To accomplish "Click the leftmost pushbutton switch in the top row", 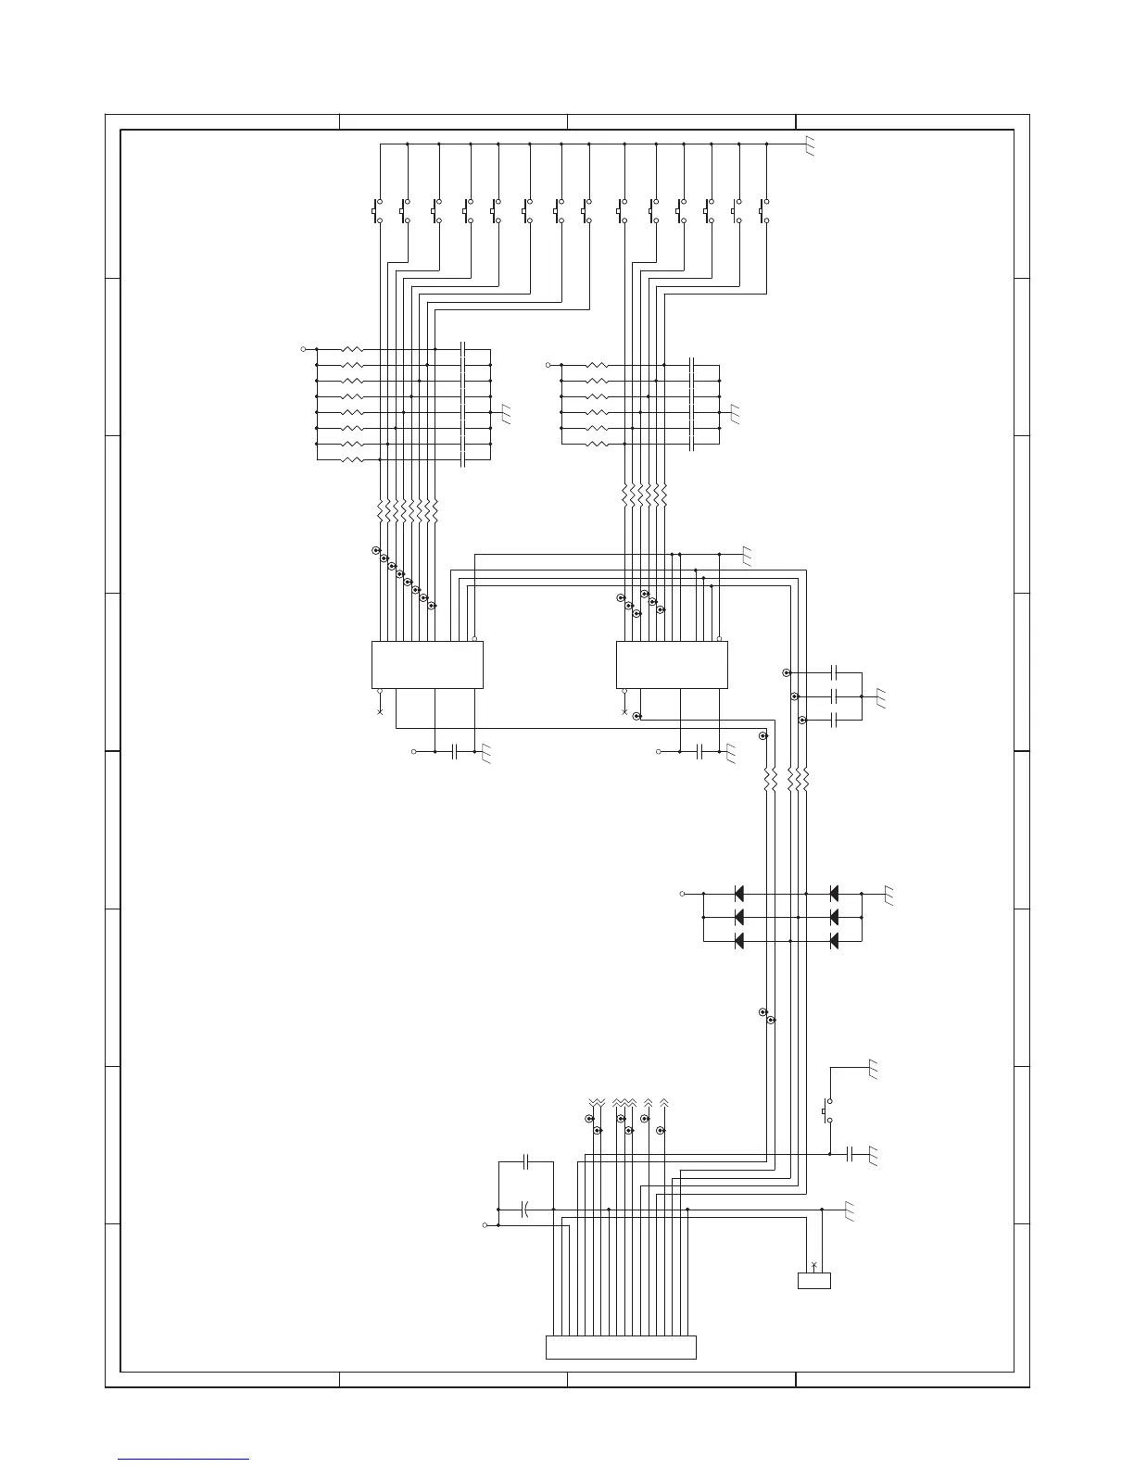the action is (x=378, y=210).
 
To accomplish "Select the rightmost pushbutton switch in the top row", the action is (x=765, y=210).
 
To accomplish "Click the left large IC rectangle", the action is (x=427, y=664).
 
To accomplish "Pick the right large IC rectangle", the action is (x=672, y=664).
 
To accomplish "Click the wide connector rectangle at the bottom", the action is (x=621, y=1347).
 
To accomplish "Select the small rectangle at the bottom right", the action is (x=813, y=1280).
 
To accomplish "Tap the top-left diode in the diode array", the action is (x=739, y=894).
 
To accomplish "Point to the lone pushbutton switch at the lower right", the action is (x=827, y=1110).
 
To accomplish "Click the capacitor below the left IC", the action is (x=455, y=751).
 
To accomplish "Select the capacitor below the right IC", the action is (x=699, y=751).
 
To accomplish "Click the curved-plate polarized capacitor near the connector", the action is (x=524, y=1209).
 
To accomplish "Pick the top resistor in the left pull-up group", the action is (x=353, y=349).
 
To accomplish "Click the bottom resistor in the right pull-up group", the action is (x=598, y=444).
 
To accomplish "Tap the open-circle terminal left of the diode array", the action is (x=683, y=894).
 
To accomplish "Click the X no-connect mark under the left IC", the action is (x=380, y=711).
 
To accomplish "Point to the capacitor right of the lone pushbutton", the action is (x=850, y=1154).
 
